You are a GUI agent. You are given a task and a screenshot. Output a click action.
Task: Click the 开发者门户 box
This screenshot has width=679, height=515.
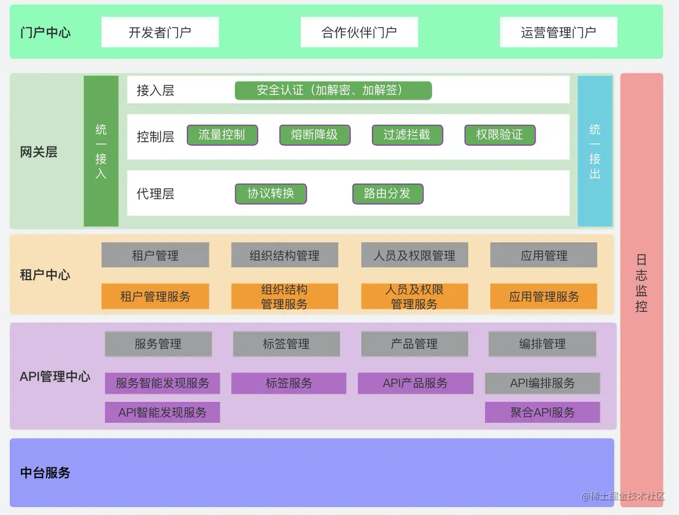tap(160, 32)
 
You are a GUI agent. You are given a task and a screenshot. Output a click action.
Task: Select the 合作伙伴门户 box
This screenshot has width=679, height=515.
tap(359, 32)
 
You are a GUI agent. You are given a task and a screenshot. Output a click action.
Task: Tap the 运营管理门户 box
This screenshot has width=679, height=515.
tap(558, 32)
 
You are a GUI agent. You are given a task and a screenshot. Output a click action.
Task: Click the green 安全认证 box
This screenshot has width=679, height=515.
tap(333, 90)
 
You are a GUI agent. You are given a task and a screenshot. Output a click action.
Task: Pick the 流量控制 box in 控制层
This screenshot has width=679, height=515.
tap(222, 135)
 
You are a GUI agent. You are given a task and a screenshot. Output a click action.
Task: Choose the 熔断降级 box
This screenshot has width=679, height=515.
tap(315, 135)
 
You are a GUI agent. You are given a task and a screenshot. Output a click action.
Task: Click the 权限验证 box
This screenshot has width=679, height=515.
tap(499, 135)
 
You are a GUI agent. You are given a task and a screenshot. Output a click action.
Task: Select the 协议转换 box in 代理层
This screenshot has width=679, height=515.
tap(271, 193)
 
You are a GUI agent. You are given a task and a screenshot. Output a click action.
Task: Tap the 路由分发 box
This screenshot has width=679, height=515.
tap(387, 193)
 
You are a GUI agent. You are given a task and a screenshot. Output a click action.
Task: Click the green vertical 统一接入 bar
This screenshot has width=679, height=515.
tap(101, 151)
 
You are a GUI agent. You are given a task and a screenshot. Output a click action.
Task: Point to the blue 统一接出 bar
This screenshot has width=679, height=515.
tap(595, 151)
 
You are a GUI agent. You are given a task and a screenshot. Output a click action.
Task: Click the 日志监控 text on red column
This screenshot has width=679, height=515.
tap(641, 283)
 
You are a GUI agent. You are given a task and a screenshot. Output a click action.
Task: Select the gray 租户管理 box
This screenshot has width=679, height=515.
tap(155, 255)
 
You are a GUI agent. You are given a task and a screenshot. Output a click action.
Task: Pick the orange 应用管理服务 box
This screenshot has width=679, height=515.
tap(544, 297)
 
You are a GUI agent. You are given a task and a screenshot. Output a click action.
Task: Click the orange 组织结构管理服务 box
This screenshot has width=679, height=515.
tap(284, 297)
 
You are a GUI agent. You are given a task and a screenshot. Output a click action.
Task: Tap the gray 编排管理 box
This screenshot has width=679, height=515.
tap(542, 344)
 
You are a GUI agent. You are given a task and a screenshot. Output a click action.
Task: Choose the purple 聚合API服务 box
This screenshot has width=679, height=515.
tap(542, 412)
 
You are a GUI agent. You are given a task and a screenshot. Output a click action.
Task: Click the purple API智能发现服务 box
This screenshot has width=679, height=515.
tap(162, 412)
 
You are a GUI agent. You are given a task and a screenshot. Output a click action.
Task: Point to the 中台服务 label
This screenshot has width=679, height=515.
tap(45, 473)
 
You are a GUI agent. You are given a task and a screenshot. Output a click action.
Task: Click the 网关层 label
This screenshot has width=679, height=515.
tap(39, 152)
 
